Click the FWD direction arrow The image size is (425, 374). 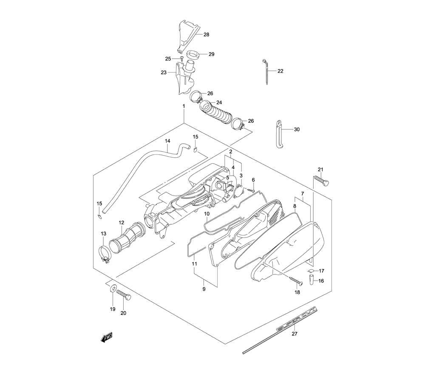click(107, 337)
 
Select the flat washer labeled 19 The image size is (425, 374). click(113, 288)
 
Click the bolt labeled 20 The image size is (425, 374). click(124, 295)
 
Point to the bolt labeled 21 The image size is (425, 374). click(321, 180)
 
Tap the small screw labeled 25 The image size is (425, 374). click(182, 58)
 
